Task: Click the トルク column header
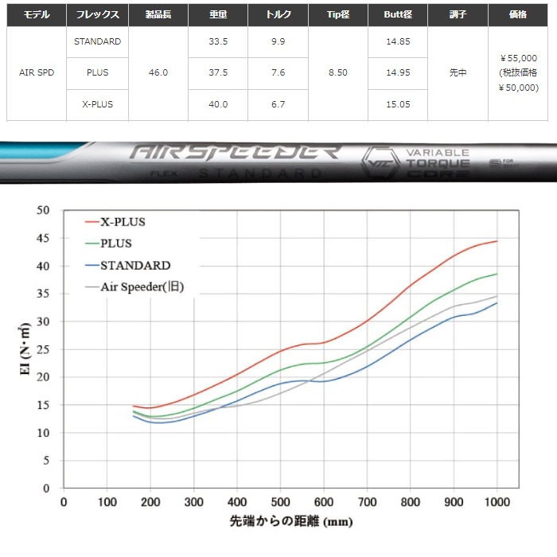tap(278, 14)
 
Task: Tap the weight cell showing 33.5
tap(218, 41)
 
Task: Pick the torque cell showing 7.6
tap(278, 72)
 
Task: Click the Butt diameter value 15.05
tap(397, 104)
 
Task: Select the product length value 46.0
tap(158, 72)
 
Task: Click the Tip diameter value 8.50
tap(337, 72)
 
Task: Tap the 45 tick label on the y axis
tap(44, 238)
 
